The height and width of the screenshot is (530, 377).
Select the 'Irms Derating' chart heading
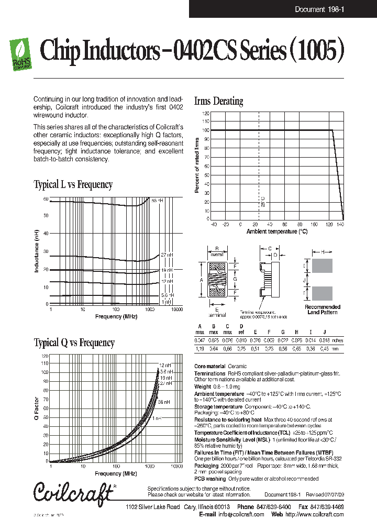click(x=218, y=102)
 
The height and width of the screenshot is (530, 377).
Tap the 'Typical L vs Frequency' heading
click(x=73, y=184)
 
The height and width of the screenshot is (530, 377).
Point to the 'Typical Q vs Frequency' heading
click(x=74, y=343)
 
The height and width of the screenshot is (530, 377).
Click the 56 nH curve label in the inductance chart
click(x=157, y=201)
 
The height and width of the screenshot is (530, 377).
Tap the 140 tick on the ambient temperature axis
click(x=340, y=225)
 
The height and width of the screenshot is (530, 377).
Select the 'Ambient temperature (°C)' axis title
click(x=277, y=231)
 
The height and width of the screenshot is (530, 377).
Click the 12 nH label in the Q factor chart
click(x=165, y=365)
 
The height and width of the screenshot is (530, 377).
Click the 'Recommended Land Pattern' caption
click(x=323, y=310)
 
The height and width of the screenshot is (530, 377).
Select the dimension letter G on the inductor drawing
click(x=236, y=280)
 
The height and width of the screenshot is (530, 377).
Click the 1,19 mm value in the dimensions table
click(x=199, y=348)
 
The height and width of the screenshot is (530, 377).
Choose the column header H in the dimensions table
click(x=296, y=332)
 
